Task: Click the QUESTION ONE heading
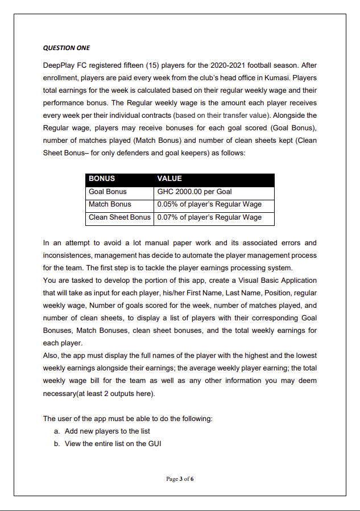[67, 47]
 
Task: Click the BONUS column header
[102, 179]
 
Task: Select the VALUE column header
[169, 179]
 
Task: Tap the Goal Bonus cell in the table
[107, 192]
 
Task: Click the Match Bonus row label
[110, 204]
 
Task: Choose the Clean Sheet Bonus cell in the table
[119, 217]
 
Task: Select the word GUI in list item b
[154, 444]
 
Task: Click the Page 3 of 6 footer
[180, 479]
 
